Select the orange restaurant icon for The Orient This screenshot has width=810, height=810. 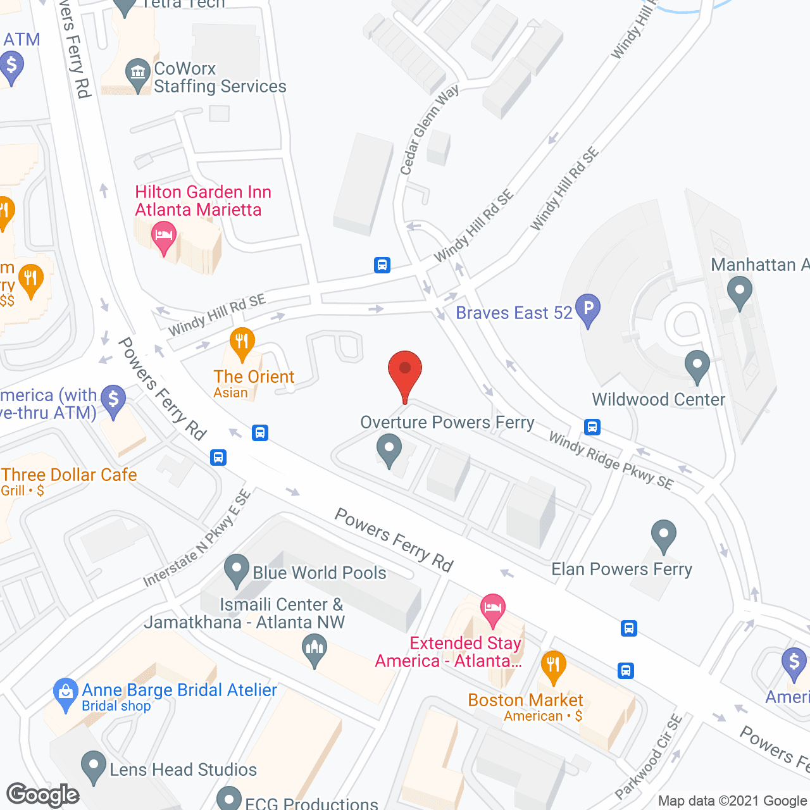[242, 342]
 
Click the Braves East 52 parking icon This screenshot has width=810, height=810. [588, 309]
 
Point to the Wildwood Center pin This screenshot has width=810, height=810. [697, 366]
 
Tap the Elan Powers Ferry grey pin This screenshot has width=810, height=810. [663, 535]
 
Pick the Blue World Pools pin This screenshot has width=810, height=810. [237, 570]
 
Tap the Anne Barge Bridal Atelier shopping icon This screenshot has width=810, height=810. [65, 693]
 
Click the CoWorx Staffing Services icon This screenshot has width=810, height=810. [137, 73]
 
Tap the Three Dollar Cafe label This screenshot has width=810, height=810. [69, 475]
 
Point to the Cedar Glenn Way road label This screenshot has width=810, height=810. [428, 130]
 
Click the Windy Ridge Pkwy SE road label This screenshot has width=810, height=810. [611, 461]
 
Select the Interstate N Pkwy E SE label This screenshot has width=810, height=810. [197, 539]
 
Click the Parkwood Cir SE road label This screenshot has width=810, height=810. [649, 756]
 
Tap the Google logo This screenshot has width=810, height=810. [42, 795]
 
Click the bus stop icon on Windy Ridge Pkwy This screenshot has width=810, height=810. [592, 427]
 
